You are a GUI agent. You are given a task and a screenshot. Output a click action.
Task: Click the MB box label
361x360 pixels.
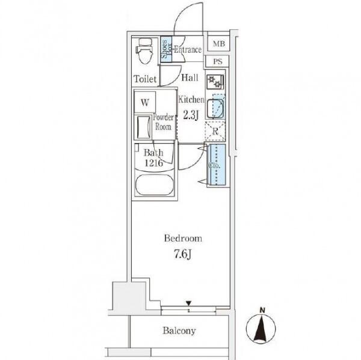[218, 43]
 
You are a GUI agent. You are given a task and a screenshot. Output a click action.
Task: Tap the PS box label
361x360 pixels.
[218, 61]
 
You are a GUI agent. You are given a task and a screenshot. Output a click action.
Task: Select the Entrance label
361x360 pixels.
[187, 50]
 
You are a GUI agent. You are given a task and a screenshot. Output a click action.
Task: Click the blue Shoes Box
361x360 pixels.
[165, 50]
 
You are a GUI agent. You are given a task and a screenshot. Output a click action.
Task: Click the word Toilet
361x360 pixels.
[145, 79]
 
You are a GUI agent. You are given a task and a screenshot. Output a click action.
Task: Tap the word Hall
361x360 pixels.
[190, 78]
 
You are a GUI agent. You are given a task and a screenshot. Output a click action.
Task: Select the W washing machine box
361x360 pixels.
[144, 102]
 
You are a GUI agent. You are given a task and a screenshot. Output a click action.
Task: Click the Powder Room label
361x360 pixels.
[163, 122]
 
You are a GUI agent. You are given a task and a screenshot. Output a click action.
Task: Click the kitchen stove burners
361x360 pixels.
[215, 83]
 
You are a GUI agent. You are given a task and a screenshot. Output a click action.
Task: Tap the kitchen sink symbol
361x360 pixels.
[215, 108]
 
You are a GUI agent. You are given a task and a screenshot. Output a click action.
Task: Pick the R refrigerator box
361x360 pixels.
[215, 130]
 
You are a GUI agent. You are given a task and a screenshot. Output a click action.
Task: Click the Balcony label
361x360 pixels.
[179, 331]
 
